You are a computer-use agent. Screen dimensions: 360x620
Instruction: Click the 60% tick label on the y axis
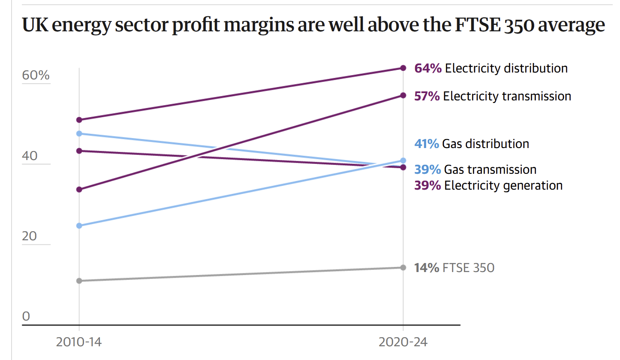36,76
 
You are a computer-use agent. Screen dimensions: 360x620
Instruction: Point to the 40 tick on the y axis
30,156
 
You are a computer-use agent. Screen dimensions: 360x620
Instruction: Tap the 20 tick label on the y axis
30,237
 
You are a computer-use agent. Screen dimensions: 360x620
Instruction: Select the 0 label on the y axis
26,317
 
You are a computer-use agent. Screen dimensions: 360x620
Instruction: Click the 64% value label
428,68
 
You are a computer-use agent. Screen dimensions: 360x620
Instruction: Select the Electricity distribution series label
506,68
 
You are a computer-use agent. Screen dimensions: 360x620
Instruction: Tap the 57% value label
427,96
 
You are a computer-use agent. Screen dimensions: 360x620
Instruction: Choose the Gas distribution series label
485,144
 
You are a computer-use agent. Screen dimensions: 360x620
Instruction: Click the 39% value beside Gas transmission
427,169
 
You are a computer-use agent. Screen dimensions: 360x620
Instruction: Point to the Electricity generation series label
503,185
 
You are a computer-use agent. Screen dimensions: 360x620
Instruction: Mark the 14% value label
427,268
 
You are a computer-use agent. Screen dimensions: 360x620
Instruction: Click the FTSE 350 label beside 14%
469,268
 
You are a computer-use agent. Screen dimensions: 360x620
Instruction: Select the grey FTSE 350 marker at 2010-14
79,281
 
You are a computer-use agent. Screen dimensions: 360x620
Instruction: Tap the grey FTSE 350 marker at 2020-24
403,267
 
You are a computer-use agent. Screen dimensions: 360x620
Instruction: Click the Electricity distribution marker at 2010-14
79,120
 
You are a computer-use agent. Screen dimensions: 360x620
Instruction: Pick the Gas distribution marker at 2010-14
79,225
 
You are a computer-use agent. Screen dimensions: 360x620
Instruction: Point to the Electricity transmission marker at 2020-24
403,95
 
